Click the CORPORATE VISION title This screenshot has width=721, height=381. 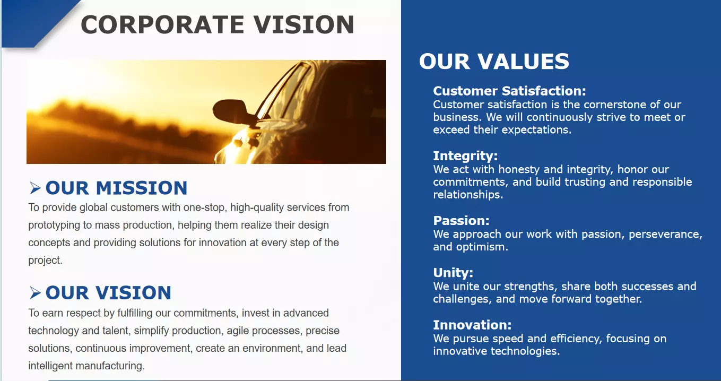point(218,24)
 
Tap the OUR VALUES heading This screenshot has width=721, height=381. point(494,61)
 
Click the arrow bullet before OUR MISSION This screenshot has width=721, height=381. point(35,188)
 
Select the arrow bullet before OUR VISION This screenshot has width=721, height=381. point(35,293)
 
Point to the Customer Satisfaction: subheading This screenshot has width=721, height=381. point(509,91)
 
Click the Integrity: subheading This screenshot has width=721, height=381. point(465,156)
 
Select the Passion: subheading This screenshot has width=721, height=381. point(461,221)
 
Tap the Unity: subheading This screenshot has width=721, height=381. point(453,273)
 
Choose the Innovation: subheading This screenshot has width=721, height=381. point(472,325)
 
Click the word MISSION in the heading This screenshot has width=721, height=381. point(142,188)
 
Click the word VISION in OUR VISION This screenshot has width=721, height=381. point(133,293)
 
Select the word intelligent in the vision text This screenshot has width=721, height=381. point(50,366)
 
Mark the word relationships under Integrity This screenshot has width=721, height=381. point(468,195)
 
